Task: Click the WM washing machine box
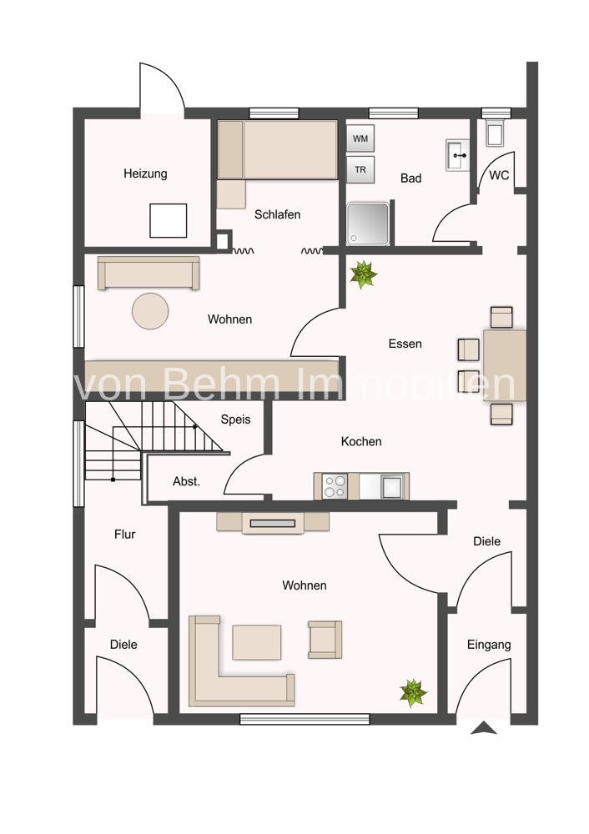point(360,138)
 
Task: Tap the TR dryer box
point(360,169)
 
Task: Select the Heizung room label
point(145,173)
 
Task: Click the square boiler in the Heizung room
point(169,221)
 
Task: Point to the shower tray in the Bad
point(368,224)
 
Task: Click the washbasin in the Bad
point(457,155)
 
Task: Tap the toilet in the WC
point(495,134)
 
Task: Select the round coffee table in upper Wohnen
point(150,311)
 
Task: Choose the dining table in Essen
point(505,365)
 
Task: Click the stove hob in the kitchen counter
point(335,485)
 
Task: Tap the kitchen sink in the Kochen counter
point(391,485)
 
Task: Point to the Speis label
point(236,420)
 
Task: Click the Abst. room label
point(186,481)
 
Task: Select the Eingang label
point(489,646)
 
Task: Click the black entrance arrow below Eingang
point(484,728)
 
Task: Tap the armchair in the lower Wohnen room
point(325,640)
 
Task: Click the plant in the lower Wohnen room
point(414,692)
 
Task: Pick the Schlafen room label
point(277,215)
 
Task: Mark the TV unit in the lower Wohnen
point(273,522)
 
